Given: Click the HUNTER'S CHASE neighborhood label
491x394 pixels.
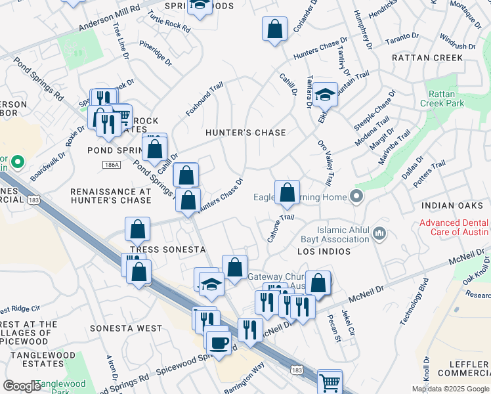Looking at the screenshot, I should pos(245,133).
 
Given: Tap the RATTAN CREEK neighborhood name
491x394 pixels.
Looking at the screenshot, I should pos(427,58).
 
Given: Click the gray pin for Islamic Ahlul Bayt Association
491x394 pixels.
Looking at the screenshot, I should pos(379,232).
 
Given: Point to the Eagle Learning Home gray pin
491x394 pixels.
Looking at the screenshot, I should pos(356,196).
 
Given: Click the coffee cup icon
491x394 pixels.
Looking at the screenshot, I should pos(218,341).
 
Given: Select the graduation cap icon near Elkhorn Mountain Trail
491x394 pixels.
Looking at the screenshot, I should pos(325,95).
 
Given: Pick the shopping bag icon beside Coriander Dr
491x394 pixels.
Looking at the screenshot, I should pos(274,30).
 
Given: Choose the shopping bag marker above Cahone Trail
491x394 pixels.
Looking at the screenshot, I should pos(287,193).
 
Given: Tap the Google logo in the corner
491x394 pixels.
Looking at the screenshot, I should pos(22,386).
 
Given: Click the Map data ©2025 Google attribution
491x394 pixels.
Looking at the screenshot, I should pos(450,389).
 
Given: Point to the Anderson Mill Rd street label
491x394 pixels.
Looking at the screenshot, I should pos(110,24).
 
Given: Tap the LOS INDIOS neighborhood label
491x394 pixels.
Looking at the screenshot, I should pos(322,252).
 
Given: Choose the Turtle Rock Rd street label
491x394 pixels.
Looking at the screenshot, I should pos(169,24).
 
